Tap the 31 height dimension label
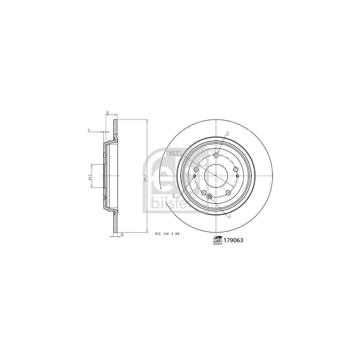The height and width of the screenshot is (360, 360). pyautogui.click(x=107, y=113)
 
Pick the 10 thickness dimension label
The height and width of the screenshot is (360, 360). pyautogui.click(x=122, y=234)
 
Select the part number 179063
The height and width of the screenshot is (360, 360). pyautogui.click(x=233, y=241)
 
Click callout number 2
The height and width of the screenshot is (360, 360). pyautogui.click(x=174, y=195)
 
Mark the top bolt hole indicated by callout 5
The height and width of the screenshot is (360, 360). pyautogui.click(x=216, y=155)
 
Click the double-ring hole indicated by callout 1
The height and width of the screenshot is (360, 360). pyautogui.click(x=210, y=196)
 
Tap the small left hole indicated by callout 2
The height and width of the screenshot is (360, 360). pyautogui.click(x=194, y=176)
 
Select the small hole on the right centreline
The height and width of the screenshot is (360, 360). pyautogui.click(x=238, y=176)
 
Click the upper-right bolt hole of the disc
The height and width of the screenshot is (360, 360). pyautogui.click(x=236, y=169)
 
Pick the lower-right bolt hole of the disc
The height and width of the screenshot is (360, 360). pyautogui.click(x=228, y=193)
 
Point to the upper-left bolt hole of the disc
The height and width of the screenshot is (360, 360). pyautogui.click(x=196, y=169)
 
